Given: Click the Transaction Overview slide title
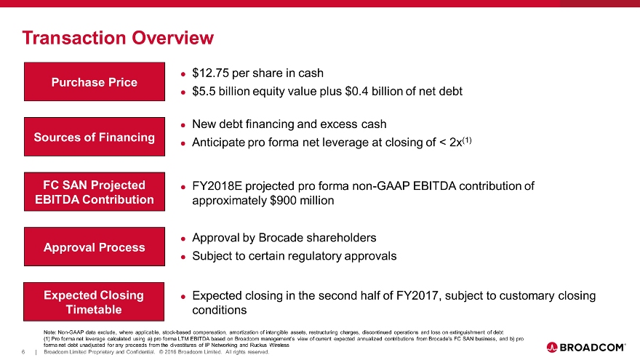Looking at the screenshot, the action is point(118,38).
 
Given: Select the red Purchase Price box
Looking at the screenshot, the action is point(95,81).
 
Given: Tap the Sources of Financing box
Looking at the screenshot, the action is point(95,137).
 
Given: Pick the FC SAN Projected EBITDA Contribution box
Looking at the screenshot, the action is point(95,192).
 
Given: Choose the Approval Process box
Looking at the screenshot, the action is point(95,247).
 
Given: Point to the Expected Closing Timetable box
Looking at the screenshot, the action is point(94,302).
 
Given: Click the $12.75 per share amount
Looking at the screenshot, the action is point(210,73).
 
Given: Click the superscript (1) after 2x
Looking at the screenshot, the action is point(467,140).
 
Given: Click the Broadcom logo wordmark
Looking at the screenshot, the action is point(592,348).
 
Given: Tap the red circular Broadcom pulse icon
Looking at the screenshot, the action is point(552,348).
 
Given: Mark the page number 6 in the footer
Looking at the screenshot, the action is point(23,352).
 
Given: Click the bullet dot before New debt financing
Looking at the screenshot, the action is point(183,125).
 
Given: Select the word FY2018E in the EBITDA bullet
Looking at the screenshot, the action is point(217,186).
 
